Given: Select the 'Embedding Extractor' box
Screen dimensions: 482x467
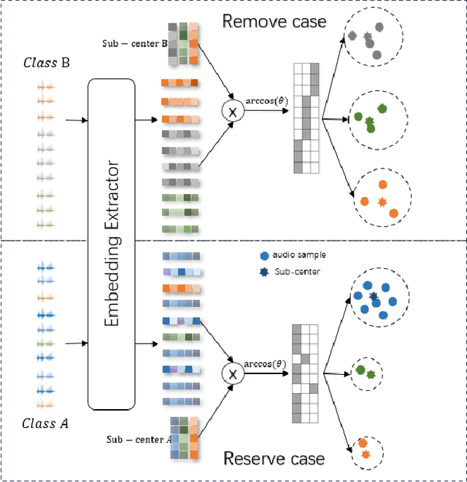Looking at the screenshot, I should click(111, 244).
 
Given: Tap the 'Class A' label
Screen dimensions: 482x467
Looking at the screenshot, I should click(45, 423).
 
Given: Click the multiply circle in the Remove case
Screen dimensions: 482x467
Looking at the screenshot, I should click(233, 112).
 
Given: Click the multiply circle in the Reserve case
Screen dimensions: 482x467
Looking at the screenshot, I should click(233, 373).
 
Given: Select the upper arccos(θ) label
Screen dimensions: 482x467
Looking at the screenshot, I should click(264, 100).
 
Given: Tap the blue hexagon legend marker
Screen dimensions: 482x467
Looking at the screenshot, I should click(263, 256).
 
